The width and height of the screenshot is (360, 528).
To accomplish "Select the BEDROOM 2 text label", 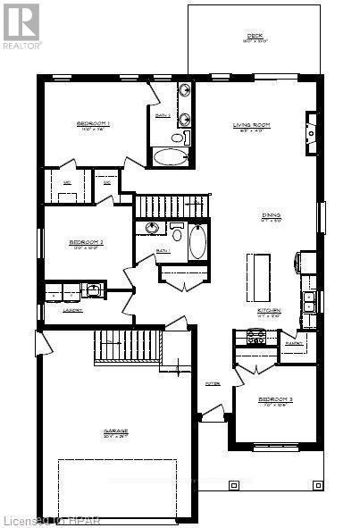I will point(88,242).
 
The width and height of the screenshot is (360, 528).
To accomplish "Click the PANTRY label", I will point(294,342).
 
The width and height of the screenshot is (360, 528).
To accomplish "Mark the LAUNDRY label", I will point(73,310).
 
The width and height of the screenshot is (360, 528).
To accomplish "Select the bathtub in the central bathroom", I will point(198,241).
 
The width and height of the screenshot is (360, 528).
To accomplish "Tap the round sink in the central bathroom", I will point(153,229).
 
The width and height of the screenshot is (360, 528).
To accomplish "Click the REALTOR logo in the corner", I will point(21,24).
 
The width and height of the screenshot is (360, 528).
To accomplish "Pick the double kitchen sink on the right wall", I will point(308,301).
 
